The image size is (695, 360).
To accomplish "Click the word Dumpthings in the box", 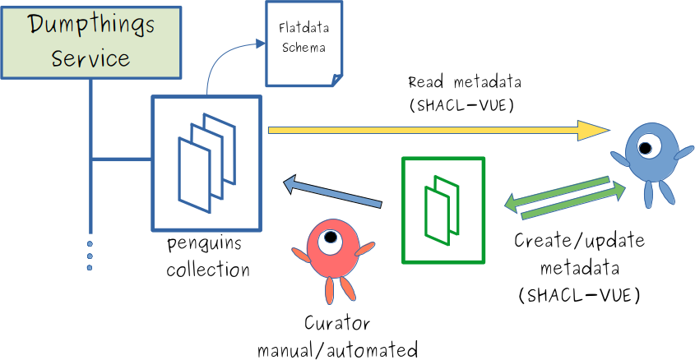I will click(x=90, y=25).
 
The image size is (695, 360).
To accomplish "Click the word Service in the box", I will click(x=90, y=58).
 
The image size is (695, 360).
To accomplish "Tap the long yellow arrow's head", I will click(x=594, y=130).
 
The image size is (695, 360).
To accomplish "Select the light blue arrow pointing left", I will click(x=332, y=192).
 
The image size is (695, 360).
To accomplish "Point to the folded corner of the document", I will click(x=335, y=79).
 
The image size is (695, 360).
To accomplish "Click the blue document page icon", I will click(x=303, y=43).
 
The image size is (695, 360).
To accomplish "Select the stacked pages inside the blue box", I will click(x=206, y=159).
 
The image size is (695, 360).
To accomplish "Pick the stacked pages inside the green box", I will click(x=442, y=210).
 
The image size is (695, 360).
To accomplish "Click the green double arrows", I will click(x=564, y=197).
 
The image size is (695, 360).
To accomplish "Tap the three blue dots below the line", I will click(x=90, y=256).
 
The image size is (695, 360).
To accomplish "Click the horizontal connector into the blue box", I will click(x=121, y=159).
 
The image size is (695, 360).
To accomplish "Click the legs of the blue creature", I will click(x=657, y=194).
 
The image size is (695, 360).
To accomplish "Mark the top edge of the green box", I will click(x=443, y=159).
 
